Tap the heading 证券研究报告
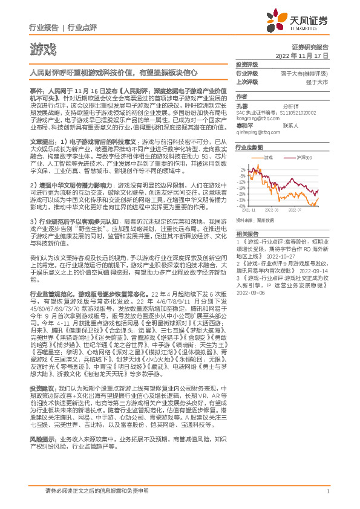point(310,47)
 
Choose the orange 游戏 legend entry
point(267,157)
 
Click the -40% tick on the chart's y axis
point(241,205)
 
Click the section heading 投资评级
point(247,64)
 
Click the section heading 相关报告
point(247,233)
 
